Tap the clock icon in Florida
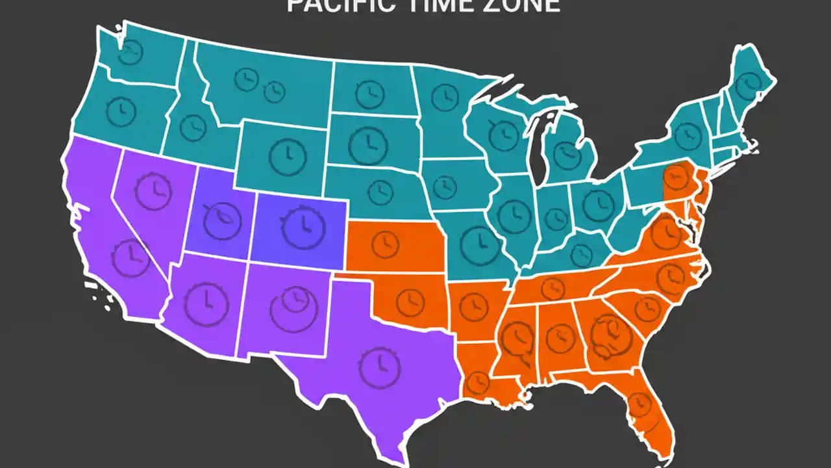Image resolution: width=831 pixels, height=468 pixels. tap(640, 404)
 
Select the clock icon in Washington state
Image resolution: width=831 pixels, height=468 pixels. tap(130, 52)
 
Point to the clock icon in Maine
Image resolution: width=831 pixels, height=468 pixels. tap(750, 81)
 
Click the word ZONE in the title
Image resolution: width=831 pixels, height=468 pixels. tap(528, 5)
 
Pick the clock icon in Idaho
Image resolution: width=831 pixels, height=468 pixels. tap(193, 127)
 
